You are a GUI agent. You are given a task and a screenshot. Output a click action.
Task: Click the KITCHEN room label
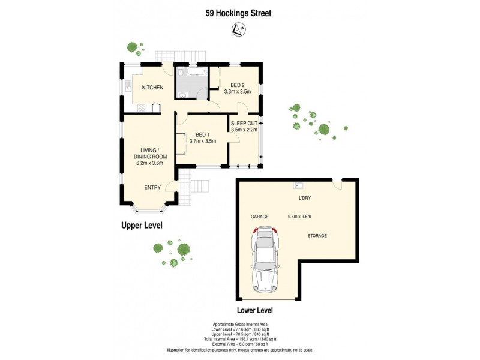click(152, 88)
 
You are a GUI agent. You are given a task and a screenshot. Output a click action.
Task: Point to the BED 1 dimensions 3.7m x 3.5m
click(202, 141)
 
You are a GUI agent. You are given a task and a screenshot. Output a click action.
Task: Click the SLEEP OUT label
click(244, 123)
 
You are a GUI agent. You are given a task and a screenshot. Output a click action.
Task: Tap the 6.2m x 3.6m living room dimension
click(150, 164)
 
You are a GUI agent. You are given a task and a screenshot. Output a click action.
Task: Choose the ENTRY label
click(152, 187)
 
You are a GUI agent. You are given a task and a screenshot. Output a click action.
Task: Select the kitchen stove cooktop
click(140, 109)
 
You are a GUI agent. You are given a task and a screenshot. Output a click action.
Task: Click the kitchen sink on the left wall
click(128, 88)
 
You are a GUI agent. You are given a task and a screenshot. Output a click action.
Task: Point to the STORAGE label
click(317, 236)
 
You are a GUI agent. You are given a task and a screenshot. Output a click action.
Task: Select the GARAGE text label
click(259, 217)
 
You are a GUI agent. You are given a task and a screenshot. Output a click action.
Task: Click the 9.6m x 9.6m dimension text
click(299, 217)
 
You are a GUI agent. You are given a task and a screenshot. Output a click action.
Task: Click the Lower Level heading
click(255, 310)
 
